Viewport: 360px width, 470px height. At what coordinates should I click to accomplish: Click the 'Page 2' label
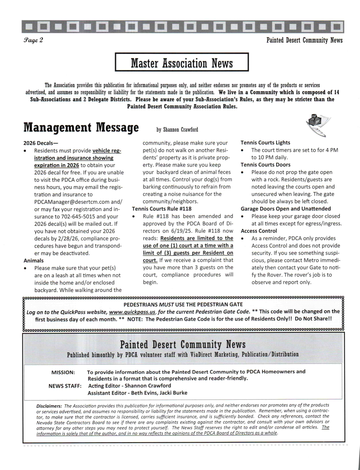coord(33,40)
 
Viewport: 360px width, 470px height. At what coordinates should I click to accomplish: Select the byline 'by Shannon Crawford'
coord(177,130)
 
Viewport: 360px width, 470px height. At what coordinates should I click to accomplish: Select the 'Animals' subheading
coord(34,261)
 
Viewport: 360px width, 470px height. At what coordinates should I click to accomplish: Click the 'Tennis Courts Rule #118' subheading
coord(161,209)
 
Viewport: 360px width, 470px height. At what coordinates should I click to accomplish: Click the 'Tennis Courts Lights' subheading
coord(265,143)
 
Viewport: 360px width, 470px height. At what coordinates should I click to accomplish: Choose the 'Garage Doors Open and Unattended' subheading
coord(286,209)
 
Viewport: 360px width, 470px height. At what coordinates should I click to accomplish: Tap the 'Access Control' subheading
coord(259,231)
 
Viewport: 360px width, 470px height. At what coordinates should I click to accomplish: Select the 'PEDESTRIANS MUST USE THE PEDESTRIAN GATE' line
coord(183,304)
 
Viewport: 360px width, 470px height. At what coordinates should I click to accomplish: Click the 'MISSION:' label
coord(63,372)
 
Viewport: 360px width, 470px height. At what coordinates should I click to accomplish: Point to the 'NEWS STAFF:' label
coord(65,386)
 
